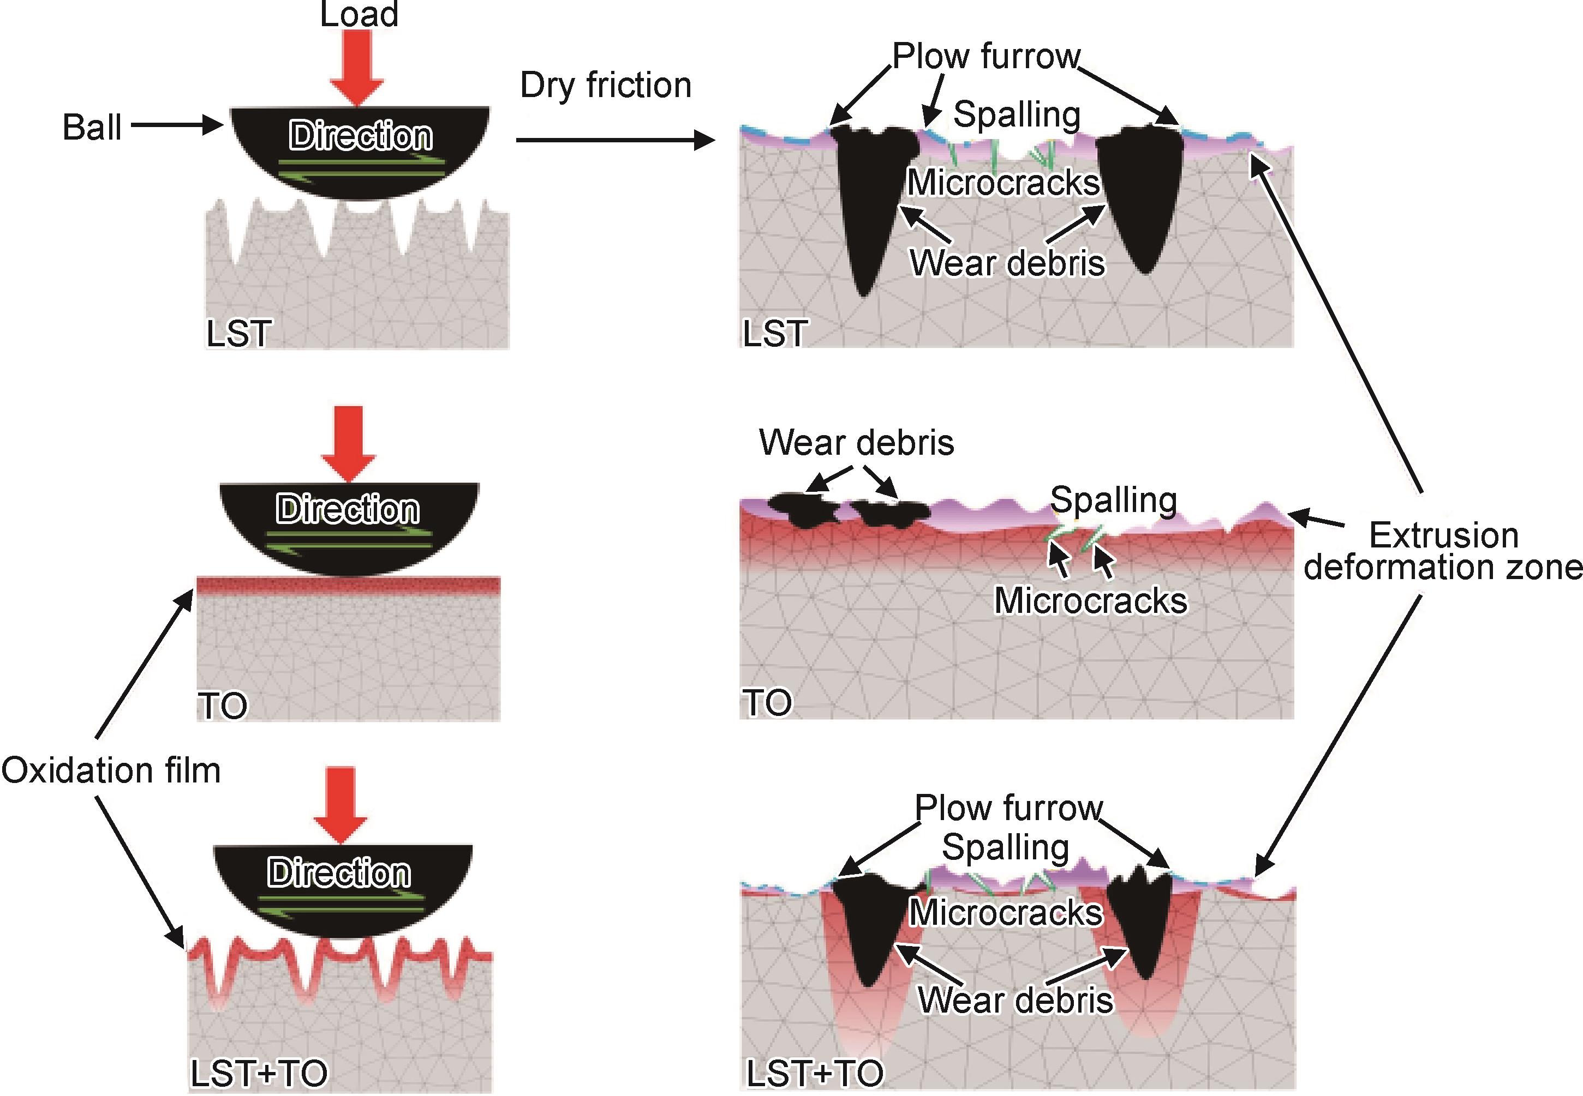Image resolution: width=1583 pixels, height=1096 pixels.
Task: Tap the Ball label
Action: point(92,127)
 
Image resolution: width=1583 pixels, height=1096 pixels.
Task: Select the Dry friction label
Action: point(605,85)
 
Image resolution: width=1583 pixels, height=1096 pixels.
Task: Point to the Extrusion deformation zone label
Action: point(1443,551)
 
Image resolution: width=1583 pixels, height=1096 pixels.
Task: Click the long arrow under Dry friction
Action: point(615,141)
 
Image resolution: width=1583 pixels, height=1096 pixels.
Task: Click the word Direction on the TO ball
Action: point(348,509)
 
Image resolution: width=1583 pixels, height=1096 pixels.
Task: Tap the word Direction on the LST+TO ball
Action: point(339,873)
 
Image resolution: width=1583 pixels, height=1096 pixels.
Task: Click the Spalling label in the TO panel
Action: point(1113,499)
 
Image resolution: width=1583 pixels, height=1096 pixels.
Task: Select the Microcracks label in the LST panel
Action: point(1003,182)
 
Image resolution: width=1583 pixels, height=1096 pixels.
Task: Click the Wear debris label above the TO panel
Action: point(856,442)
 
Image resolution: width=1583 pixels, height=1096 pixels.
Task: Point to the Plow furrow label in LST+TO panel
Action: point(1008,808)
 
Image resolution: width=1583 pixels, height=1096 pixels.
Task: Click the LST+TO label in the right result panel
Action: point(815,1073)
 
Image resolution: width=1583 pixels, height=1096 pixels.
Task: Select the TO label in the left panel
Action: point(223,705)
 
